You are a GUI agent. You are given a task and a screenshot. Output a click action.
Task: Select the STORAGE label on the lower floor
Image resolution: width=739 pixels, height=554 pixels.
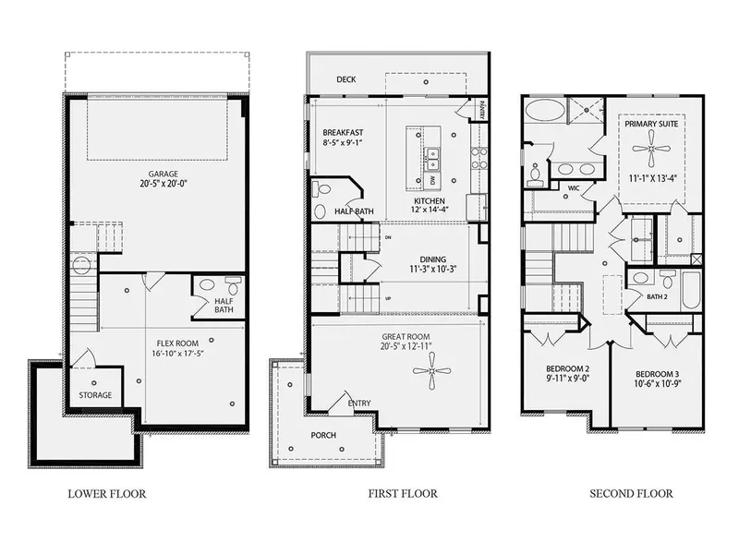[x=95, y=395]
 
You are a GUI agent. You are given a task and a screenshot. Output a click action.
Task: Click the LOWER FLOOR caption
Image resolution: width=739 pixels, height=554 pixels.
[x=106, y=494]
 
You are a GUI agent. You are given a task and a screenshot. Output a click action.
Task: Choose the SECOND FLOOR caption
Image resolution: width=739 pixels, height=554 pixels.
[x=631, y=494]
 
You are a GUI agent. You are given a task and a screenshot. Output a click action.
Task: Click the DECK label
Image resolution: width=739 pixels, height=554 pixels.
[x=346, y=80]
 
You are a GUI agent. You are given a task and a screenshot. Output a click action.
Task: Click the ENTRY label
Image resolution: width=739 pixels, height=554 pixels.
[x=359, y=403]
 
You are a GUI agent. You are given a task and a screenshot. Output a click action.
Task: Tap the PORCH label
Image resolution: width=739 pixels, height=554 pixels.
[x=323, y=435]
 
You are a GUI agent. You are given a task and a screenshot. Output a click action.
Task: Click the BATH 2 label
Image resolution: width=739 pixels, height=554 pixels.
[x=657, y=296]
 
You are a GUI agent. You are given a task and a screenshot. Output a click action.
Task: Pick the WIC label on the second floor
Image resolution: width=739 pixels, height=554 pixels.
[x=573, y=187]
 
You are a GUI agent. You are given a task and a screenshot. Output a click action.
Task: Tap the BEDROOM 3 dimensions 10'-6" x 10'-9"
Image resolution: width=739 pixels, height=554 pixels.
[x=656, y=385]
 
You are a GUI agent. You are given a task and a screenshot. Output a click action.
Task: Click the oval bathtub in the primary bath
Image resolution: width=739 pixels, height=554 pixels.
[x=543, y=111]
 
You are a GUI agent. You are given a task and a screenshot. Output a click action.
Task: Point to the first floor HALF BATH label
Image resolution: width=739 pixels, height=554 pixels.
[x=353, y=211]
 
